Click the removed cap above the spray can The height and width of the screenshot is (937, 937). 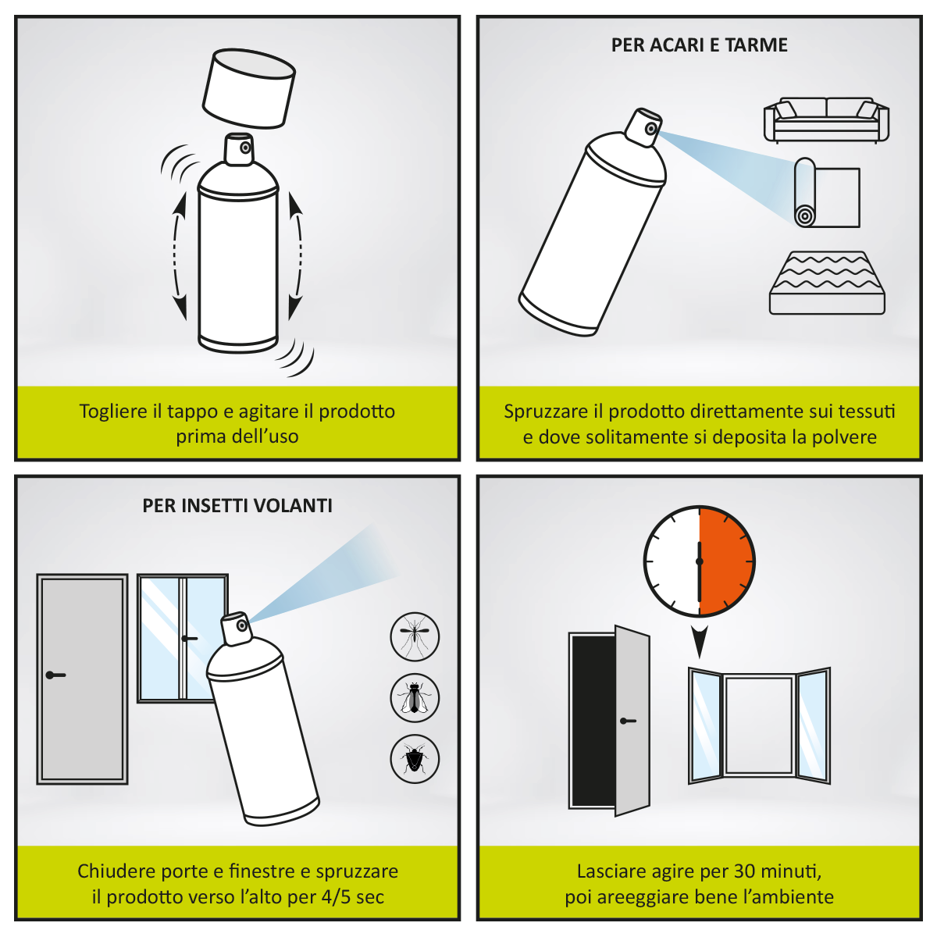click(x=248, y=88)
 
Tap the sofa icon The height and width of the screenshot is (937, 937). click(x=825, y=120)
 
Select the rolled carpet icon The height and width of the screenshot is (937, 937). click(x=827, y=193)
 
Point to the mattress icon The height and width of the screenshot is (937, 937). click(x=827, y=283)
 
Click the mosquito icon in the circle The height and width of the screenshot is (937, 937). click(x=415, y=636)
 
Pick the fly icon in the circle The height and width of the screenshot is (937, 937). click(x=415, y=698)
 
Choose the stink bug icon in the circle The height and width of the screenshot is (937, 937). click(x=415, y=759)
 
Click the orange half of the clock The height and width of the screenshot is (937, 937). click(x=726, y=561)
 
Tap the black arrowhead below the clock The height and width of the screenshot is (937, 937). click(x=699, y=641)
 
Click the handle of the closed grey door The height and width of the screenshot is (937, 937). click(x=55, y=675)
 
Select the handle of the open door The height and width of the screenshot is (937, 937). click(x=627, y=721)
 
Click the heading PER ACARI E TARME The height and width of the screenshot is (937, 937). click(x=699, y=45)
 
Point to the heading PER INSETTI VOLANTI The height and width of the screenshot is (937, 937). click(x=237, y=506)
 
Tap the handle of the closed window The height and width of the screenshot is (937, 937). click(x=189, y=638)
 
